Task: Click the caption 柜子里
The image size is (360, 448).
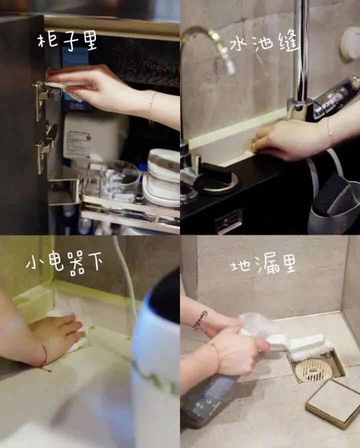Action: click(68, 42)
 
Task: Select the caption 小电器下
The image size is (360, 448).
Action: click(64, 262)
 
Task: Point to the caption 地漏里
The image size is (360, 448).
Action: click(263, 265)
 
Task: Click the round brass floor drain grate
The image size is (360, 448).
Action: click(313, 370)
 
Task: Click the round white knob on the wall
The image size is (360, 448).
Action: click(350, 43)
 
